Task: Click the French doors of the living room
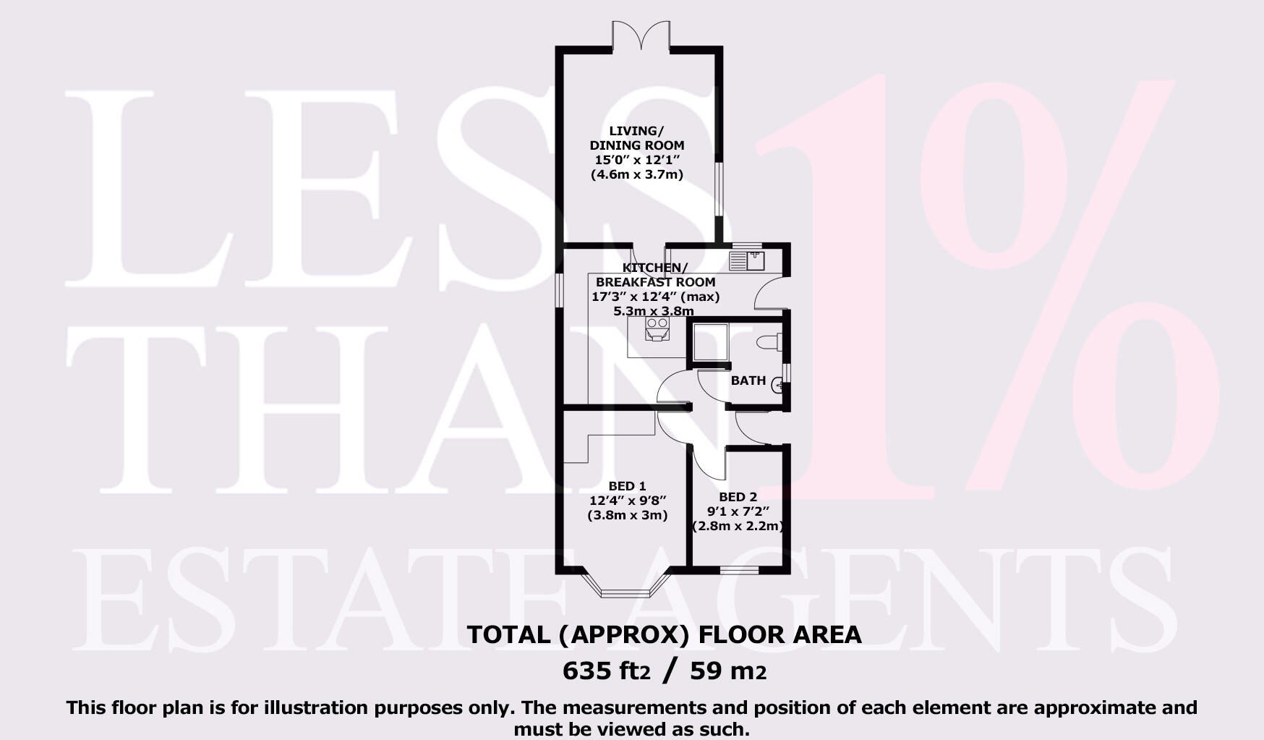click(641, 36)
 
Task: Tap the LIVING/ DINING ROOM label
click(636, 137)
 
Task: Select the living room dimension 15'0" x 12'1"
click(636, 160)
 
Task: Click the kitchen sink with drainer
click(748, 260)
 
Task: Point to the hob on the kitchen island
click(657, 328)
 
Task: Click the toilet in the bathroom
click(769, 341)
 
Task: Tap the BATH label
click(748, 380)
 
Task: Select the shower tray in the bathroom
click(709, 341)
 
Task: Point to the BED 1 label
click(627, 486)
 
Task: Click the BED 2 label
click(738, 497)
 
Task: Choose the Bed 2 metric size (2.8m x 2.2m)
click(738, 526)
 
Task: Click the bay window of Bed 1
click(627, 591)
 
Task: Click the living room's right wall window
click(719, 188)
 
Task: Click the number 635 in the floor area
click(587, 671)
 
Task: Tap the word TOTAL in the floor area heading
click(508, 634)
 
